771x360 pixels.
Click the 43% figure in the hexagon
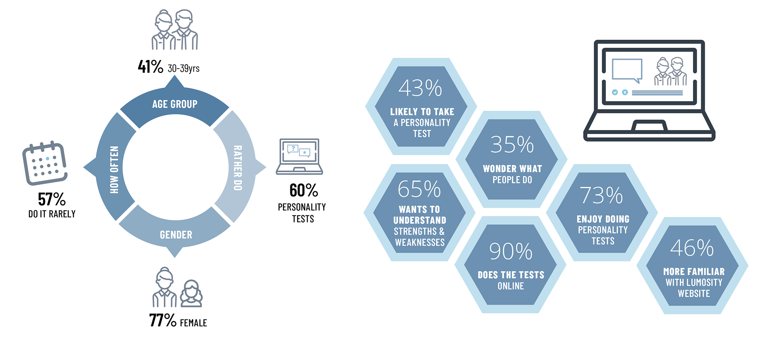coord(420,88)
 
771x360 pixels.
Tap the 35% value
coord(512,144)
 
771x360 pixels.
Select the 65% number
coord(419,189)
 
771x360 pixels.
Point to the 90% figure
coord(511,252)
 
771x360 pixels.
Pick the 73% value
coord(601,195)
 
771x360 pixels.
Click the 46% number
coord(692,248)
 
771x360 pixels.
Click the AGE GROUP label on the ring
coord(175,104)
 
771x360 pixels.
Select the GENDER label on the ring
coord(176,235)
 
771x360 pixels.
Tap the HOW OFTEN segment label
coord(114,169)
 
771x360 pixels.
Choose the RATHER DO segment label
coord(238,168)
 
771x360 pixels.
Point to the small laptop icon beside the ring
coord(299,156)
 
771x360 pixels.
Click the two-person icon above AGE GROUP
coord(175,30)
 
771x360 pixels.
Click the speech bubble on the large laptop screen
coord(627,70)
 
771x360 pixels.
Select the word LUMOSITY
coord(702,283)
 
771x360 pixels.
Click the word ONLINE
coord(511,286)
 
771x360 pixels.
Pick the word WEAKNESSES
coord(420,242)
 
